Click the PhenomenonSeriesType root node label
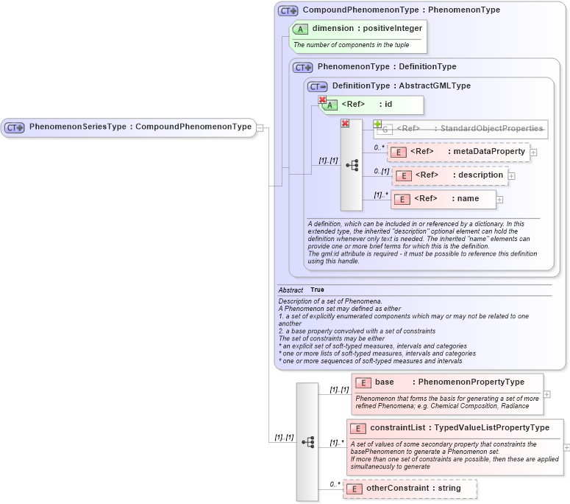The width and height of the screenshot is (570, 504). point(140,127)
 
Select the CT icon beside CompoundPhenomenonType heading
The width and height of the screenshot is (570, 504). point(287,10)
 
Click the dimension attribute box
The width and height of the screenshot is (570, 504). point(358,29)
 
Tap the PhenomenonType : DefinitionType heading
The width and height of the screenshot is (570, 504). point(386,67)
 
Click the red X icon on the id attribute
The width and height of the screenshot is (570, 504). point(322,100)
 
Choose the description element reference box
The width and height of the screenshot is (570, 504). point(450,175)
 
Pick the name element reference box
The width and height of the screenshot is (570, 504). point(443,199)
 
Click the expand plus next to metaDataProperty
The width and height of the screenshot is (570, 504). point(534,153)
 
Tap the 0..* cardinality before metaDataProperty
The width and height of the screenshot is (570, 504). point(379,147)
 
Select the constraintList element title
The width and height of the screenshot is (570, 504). point(459,428)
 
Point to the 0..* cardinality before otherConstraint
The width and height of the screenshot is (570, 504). point(335,484)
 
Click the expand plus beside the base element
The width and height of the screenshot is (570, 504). point(546,394)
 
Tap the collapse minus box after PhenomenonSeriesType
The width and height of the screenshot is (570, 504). point(260,127)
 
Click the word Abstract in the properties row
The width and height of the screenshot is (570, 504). point(291,290)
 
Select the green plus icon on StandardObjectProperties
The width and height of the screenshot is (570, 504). point(377,124)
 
